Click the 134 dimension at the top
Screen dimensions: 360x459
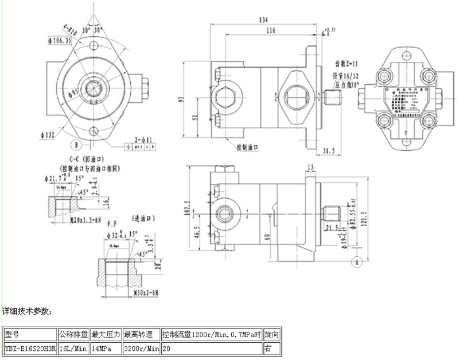[263, 20]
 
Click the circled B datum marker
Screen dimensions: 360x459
[75, 143]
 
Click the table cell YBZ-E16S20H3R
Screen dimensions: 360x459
[29, 348]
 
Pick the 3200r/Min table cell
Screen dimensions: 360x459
[141, 348]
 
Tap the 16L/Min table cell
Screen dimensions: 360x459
[73, 348]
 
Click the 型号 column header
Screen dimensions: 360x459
[11, 334]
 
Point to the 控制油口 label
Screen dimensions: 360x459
[248, 147]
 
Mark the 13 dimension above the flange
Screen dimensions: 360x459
[310, 167]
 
